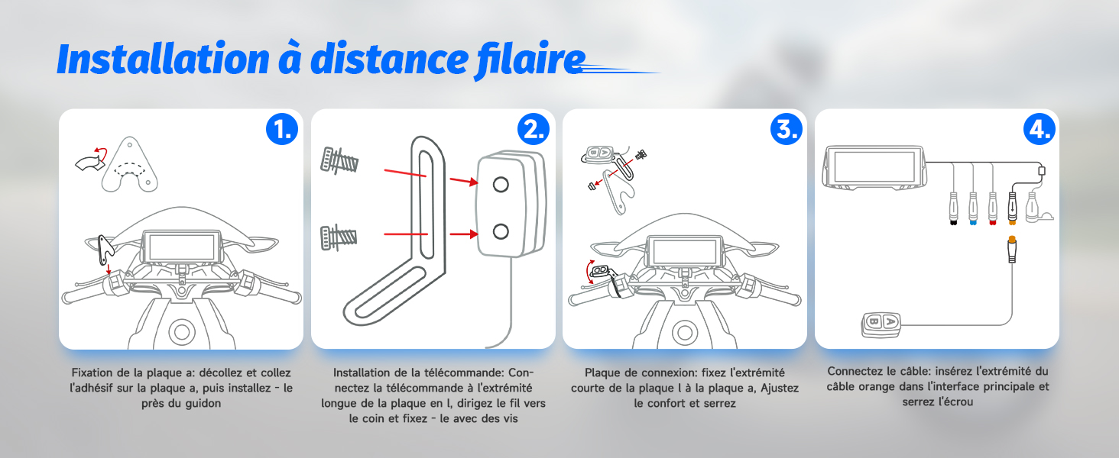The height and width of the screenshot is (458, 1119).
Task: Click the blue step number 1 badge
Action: point(282,129)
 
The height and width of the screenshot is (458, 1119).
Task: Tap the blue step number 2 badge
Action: point(534,129)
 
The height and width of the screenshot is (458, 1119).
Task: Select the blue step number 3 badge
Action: point(787,129)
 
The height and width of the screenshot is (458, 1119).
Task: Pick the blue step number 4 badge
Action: point(1039,129)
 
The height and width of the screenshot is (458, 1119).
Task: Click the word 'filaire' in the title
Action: point(530,60)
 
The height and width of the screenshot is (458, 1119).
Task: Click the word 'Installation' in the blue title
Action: point(164,59)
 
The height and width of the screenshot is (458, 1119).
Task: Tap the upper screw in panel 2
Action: point(339,160)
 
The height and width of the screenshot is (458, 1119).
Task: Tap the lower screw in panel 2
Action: point(339,237)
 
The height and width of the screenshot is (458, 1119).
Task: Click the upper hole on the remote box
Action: point(501,185)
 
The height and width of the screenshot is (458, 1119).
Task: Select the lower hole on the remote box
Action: point(501,231)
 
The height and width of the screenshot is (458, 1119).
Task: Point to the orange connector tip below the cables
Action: point(1012,240)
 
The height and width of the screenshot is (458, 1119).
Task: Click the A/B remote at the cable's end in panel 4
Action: point(881,324)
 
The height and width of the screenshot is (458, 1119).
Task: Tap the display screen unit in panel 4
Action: point(874,168)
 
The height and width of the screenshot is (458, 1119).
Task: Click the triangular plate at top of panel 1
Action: point(129,165)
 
